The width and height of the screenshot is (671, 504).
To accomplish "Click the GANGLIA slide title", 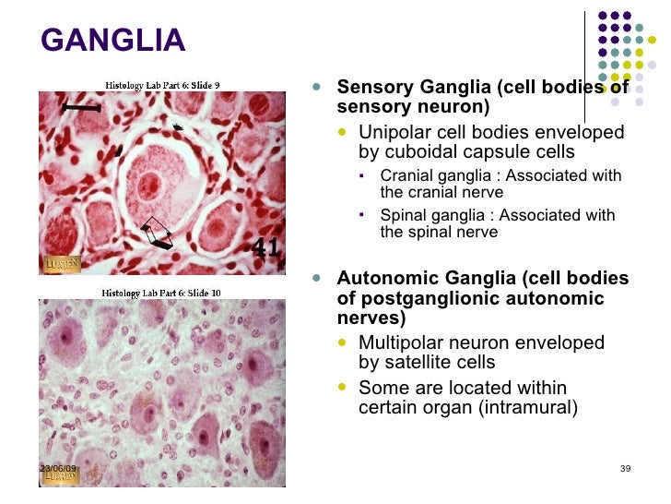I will click(x=113, y=41).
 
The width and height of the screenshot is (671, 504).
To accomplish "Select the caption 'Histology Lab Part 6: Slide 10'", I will click(x=162, y=293).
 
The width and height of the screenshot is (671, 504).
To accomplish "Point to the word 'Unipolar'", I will click(x=393, y=132).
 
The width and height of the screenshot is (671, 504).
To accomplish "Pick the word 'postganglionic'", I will click(x=425, y=298).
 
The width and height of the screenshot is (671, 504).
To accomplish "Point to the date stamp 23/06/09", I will click(x=58, y=469).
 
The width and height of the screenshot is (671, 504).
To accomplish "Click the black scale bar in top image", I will click(x=81, y=108).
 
